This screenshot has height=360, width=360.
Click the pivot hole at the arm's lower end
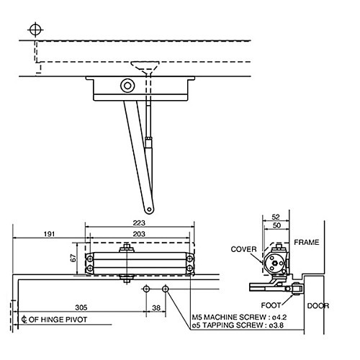tap(149, 210)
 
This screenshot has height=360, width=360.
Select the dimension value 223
tap(138, 224)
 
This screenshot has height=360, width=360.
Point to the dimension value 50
tap(276, 226)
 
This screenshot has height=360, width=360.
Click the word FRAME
tap(306, 243)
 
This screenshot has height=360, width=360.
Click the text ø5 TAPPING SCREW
tap(224, 325)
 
